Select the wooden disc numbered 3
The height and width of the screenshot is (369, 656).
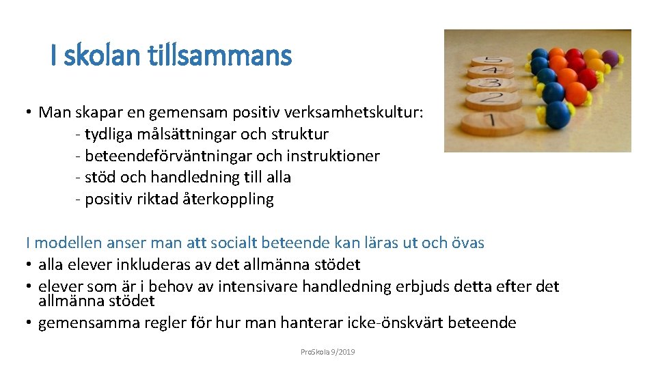click(491, 84)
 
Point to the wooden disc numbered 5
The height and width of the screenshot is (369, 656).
click(487, 61)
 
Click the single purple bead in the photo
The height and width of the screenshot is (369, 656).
click(610, 57)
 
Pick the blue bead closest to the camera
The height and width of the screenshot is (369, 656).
click(558, 113)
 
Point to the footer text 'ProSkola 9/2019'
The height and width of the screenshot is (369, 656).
click(327, 352)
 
